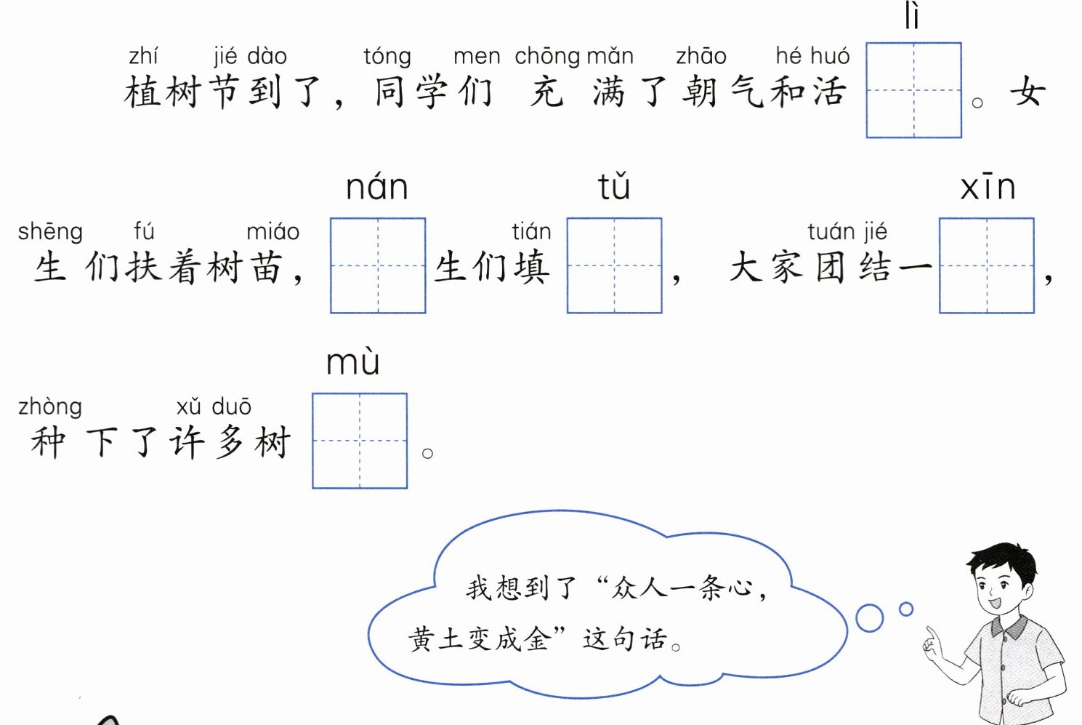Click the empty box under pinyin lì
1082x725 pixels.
(x=913, y=90)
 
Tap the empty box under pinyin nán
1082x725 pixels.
(x=378, y=265)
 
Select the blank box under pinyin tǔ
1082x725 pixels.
(x=614, y=265)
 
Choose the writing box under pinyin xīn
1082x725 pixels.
(x=986, y=265)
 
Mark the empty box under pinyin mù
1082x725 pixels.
(x=360, y=441)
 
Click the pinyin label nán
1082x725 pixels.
(x=376, y=187)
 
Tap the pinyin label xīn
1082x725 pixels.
(x=988, y=188)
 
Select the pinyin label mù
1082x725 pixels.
(x=353, y=362)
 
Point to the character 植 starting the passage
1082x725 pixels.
(x=142, y=92)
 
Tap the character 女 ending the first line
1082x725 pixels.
(x=1028, y=92)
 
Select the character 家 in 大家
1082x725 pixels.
(x=787, y=267)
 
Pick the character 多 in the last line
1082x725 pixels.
(x=230, y=442)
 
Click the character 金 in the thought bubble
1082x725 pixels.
(x=536, y=638)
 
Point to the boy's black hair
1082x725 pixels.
(x=1003, y=560)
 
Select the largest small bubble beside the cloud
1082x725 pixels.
(x=869, y=618)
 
